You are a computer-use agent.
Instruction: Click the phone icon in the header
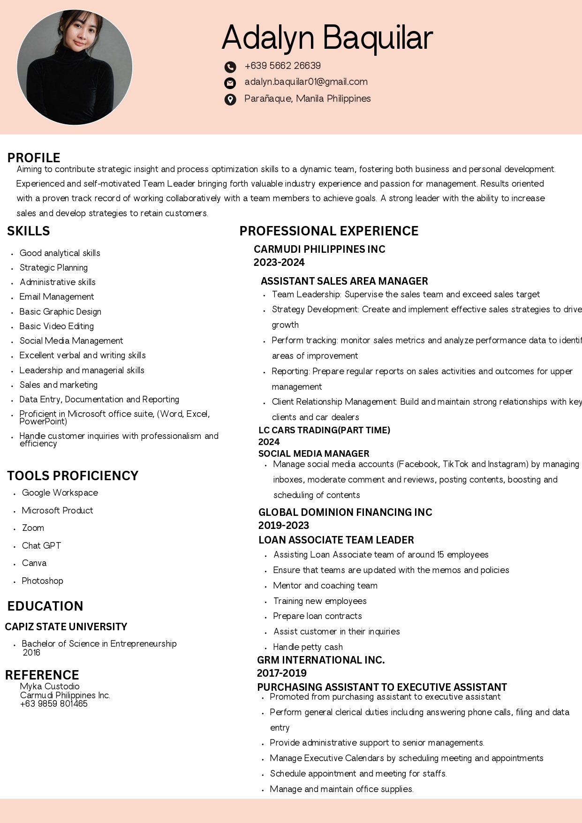(x=230, y=67)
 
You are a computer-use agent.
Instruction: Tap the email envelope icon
(x=230, y=83)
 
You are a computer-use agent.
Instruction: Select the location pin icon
(x=230, y=99)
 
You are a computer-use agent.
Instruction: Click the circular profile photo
(x=75, y=68)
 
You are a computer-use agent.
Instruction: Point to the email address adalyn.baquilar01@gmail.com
(x=306, y=82)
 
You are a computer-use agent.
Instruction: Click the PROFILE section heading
(x=34, y=158)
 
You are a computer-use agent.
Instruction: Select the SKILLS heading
(x=29, y=231)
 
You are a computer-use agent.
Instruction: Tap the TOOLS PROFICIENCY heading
(x=73, y=476)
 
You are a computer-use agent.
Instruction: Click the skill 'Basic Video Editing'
(x=57, y=326)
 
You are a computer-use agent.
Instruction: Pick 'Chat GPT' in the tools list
(x=41, y=545)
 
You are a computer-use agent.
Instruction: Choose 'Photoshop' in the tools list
(x=42, y=581)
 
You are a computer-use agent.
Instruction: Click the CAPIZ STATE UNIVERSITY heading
(x=66, y=627)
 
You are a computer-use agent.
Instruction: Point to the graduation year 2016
(x=31, y=652)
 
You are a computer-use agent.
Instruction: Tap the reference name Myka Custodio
(x=50, y=686)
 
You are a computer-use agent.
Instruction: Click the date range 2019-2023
(x=284, y=525)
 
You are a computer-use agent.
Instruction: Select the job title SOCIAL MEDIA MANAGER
(x=314, y=453)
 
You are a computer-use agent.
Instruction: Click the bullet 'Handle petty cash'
(x=308, y=647)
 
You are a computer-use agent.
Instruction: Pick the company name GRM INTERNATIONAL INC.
(x=321, y=660)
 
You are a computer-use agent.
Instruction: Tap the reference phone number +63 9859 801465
(x=54, y=703)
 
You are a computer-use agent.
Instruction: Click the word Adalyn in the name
(x=268, y=38)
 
